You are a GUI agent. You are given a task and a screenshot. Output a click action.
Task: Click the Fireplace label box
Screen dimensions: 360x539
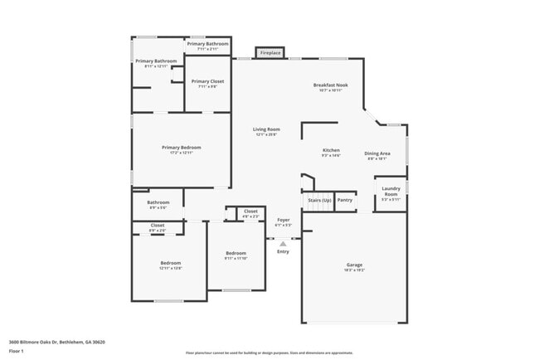[x=270, y=53]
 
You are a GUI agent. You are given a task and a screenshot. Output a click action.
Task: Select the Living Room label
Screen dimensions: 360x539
[x=266, y=129]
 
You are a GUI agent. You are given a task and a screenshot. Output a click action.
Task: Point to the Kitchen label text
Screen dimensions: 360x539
[x=331, y=151]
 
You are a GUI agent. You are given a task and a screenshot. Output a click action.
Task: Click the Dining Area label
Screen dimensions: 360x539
[x=378, y=153]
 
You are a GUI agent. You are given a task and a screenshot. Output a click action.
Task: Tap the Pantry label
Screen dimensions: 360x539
[x=345, y=200]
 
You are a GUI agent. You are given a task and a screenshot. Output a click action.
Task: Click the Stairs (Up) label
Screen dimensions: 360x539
[x=319, y=200]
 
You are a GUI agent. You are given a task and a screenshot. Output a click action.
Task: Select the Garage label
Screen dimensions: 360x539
[x=354, y=265]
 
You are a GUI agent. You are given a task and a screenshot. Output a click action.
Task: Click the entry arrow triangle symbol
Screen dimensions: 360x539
[x=283, y=244]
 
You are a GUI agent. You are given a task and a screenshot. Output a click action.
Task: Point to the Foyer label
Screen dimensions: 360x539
[x=283, y=220]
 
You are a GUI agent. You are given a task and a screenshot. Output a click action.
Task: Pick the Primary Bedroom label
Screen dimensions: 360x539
[x=181, y=148]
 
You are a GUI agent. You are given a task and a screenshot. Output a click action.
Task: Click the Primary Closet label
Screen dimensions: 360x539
[x=206, y=81]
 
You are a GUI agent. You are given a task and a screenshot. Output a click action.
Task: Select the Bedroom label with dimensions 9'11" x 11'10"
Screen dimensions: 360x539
[x=236, y=253]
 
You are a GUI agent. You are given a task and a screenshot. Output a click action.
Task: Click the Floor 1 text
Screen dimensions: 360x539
[x=17, y=350]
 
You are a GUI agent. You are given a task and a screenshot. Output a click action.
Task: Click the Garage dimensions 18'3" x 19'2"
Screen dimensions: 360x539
[x=354, y=270]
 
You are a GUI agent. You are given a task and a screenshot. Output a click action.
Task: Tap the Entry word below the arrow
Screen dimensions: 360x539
[x=283, y=251]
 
